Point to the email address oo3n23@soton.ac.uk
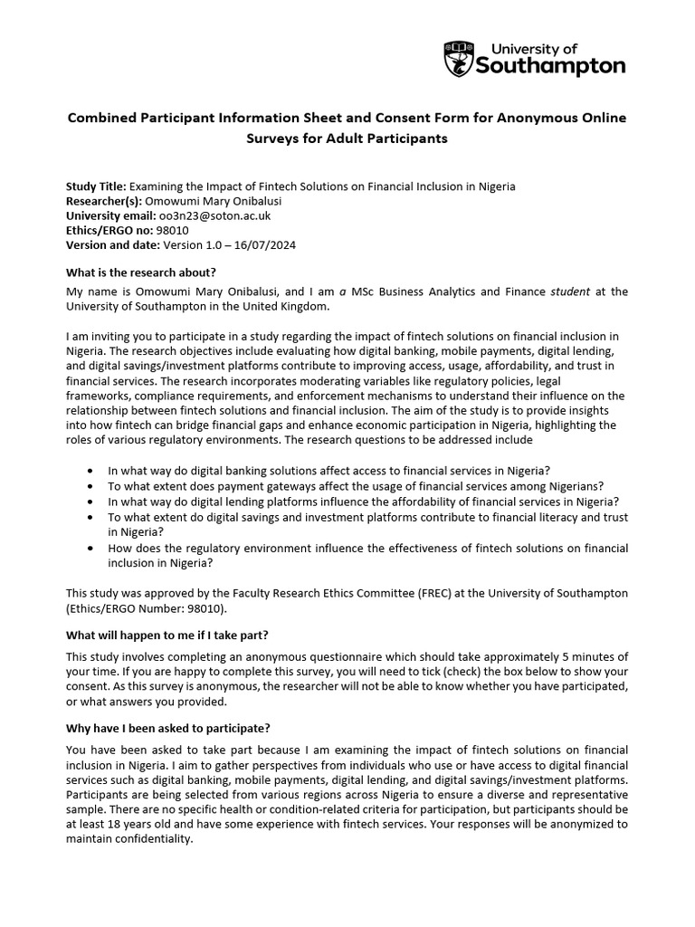(214, 216)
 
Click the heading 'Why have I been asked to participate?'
(168, 728)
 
